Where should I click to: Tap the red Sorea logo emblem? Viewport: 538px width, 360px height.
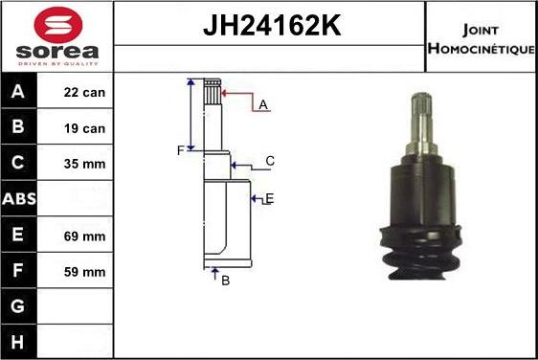tap(56, 24)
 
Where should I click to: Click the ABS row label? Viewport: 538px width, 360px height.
tap(19, 200)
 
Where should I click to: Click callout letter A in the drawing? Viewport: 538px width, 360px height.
tap(261, 104)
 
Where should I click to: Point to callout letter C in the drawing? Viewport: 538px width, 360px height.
tap(270, 161)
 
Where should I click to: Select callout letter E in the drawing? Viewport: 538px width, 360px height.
tap(269, 198)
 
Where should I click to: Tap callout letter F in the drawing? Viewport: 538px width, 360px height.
tap(179, 150)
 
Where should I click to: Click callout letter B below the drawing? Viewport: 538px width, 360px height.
tap(225, 281)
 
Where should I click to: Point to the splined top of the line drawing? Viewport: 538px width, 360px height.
tap(213, 93)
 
